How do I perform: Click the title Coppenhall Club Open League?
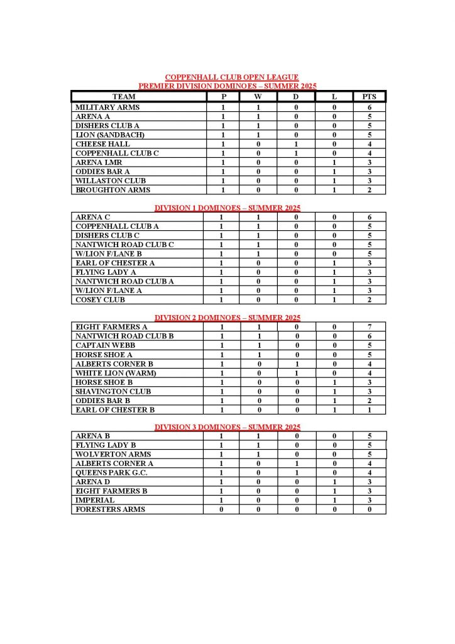click(x=227, y=77)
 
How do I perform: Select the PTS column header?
click(x=369, y=97)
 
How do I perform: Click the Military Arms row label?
click(x=107, y=108)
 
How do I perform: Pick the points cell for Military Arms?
click(x=369, y=108)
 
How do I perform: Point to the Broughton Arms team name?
click(x=113, y=190)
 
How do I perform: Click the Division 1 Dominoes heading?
click(x=227, y=208)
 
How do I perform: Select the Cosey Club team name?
click(x=100, y=300)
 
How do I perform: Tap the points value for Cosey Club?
click(x=369, y=300)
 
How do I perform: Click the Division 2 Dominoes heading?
click(x=227, y=318)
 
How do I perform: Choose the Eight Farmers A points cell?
click(x=369, y=327)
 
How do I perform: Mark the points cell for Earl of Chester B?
click(x=369, y=410)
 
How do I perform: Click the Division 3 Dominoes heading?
click(x=227, y=428)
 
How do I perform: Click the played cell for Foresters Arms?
click(x=221, y=509)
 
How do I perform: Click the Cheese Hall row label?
click(x=103, y=144)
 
